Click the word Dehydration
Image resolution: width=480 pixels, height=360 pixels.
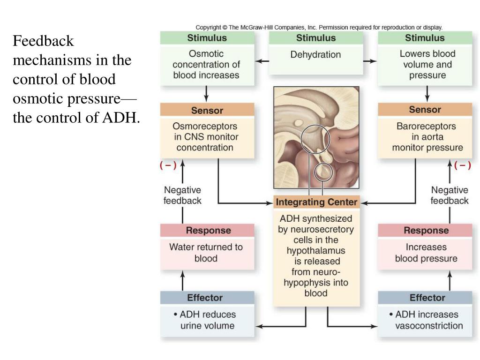315,55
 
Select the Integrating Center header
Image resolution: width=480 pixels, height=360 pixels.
316,202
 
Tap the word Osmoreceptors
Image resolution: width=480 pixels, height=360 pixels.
205,126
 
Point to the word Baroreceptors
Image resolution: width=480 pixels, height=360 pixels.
426,126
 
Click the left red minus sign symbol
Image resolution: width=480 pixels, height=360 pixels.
168,165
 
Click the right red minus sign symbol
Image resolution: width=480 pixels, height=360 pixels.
463,165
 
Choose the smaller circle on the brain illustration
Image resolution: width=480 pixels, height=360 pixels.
323,172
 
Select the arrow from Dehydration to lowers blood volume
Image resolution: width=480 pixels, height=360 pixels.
370,61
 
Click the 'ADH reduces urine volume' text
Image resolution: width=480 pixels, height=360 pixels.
207,320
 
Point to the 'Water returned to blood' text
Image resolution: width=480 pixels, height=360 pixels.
206,252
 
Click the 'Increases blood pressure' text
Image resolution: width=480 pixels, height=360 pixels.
426,253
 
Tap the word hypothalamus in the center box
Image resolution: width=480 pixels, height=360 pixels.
316,251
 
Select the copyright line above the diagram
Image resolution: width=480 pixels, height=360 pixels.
319,27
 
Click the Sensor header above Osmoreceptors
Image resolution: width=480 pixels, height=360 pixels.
207,110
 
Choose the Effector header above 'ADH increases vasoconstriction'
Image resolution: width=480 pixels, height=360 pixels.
427,298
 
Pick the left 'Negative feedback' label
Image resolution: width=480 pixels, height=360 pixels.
182,195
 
